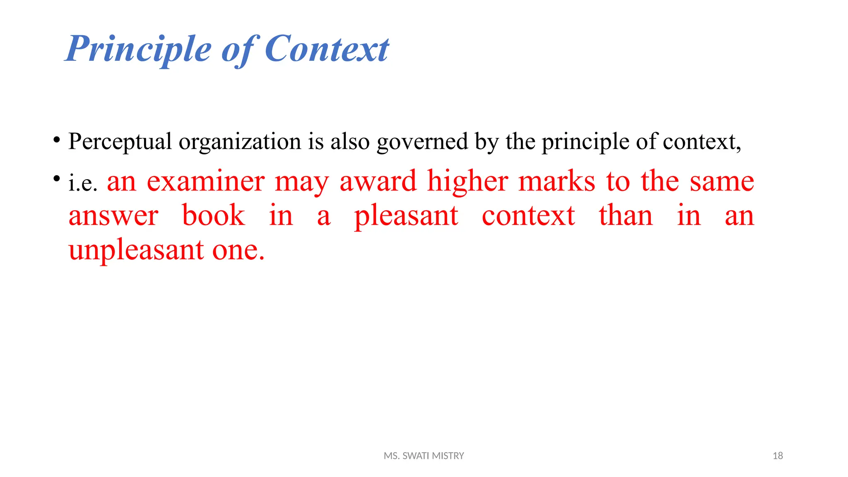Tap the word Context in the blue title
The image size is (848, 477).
[327, 49]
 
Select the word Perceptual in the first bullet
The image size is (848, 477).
[120, 142]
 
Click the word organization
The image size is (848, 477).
[240, 142]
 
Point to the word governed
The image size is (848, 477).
[422, 142]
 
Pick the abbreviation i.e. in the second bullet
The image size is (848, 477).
[83, 183]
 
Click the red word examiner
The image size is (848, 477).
[206, 181]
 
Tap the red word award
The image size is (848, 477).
[378, 181]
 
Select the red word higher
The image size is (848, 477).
[467, 181]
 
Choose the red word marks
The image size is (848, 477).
[557, 181]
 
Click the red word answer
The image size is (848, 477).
[113, 216]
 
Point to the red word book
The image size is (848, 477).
[214, 215]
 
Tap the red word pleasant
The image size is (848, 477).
[406, 216]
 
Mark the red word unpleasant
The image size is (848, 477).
[136, 251]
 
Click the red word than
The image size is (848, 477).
[626, 215]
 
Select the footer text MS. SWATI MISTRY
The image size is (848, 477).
[424, 456]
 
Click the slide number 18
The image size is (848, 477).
[778, 456]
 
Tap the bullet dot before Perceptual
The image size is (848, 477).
[57, 139]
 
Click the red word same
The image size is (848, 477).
[722, 181]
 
